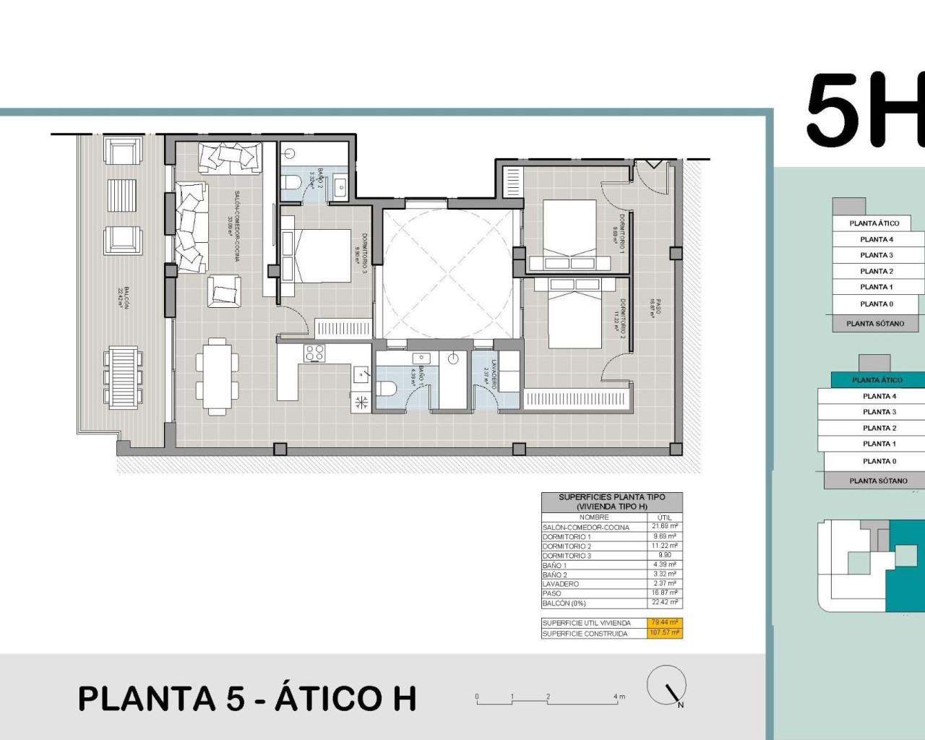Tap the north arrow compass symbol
point(666,685)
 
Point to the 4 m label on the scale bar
point(619,697)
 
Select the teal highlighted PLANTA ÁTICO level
point(877,380)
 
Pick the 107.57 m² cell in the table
point(663,633)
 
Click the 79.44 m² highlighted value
point(663,622)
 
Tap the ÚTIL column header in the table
point(664,517)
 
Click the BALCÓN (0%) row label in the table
point(564,603)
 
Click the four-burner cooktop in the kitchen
point(314,353)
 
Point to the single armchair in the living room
point(224,292)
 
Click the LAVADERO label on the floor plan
point(494,374)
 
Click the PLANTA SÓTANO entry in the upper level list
point(875,324)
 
